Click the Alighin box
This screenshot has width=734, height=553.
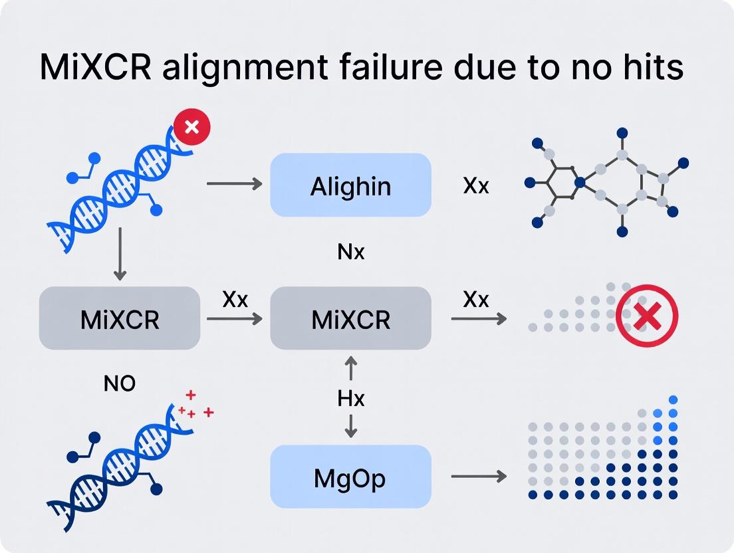[350, 185]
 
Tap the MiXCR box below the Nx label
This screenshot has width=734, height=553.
[350, 319]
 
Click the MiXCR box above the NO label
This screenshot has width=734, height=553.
[120, 319]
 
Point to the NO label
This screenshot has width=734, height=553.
[120, 383]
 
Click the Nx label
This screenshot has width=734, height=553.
[350, 252]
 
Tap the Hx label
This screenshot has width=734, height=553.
[350, 399]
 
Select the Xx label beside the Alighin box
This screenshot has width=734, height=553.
[476, 185]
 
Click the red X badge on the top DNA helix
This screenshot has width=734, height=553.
[191, 126]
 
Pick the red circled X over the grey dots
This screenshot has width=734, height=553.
[646, 316]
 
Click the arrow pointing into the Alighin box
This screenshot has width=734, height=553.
[234, 182]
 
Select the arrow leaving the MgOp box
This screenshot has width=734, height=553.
[478, 477]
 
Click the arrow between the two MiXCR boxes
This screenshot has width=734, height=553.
[234, 319]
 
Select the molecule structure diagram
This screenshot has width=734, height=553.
[608, 183]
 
